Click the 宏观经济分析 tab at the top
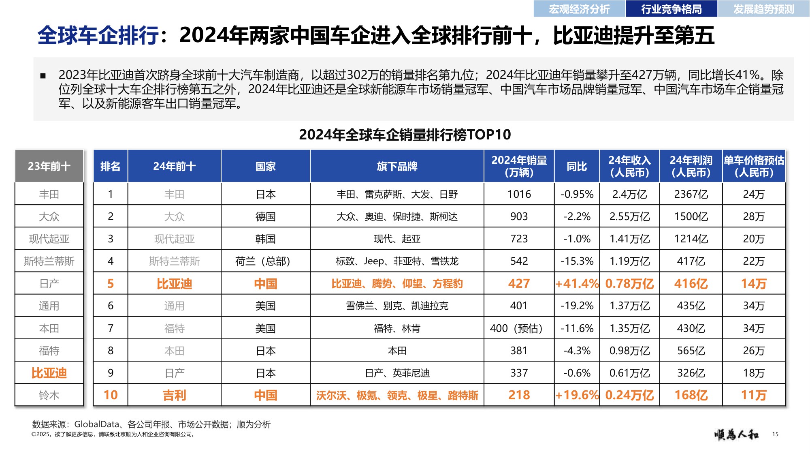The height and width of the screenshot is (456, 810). pos(579,9)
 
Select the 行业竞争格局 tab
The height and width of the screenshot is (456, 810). pos(671,9)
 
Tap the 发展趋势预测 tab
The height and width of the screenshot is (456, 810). pos(764,9)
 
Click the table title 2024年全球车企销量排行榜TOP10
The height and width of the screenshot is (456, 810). pos(405,135)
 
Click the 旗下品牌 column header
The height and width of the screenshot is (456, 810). pos(397,167)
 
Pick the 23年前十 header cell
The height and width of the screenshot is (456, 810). pos(49,167)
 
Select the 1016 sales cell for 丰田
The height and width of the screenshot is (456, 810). pos(519,194)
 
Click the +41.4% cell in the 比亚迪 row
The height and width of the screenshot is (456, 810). pos(577,283)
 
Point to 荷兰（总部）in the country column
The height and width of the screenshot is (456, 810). pos(265,261)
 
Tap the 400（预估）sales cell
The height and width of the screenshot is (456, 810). pos(519,328)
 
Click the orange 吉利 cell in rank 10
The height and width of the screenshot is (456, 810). pos(174,395)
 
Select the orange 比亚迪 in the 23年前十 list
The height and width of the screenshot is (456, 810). pos(49,373)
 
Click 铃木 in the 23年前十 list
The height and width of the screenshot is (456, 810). pos(49,395)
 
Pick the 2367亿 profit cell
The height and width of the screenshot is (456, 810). pos(691,194)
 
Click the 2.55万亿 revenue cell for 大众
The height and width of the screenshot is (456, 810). pos(629,216)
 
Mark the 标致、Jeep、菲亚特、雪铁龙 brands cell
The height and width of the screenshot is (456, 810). pos(397,261)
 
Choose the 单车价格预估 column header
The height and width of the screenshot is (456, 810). pos(754,167)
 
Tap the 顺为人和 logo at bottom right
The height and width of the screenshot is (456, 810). pos(736,435)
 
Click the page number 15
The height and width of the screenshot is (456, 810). pos(775,434)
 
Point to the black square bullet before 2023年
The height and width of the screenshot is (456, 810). pos(43,76)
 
